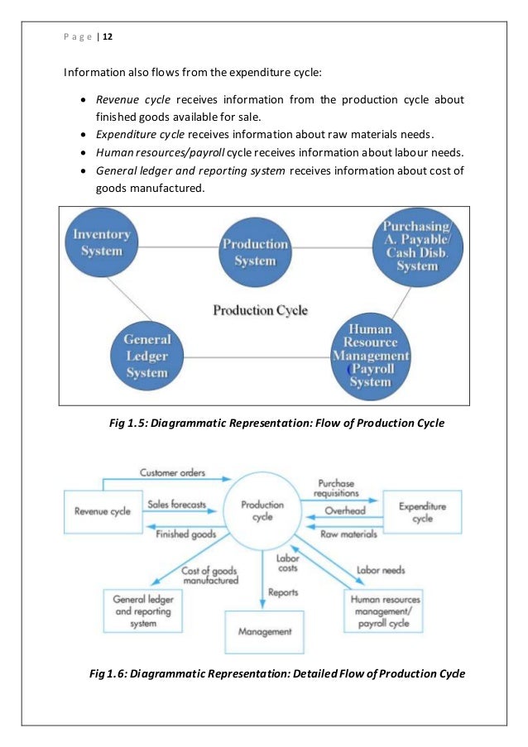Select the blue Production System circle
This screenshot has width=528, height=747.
click(255, 252)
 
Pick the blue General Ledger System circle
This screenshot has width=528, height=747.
click(146, 356)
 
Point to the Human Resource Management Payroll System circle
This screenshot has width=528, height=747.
click(372, 355)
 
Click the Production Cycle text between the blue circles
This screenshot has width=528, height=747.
click(260, 311)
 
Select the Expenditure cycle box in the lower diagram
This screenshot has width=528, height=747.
click(422, 512)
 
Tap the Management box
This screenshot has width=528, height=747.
click(265, 632)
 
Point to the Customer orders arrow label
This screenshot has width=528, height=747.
click(172, 474)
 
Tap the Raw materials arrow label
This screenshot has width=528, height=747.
click(348, 534)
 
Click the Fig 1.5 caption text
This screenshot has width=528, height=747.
click(276, 424)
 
